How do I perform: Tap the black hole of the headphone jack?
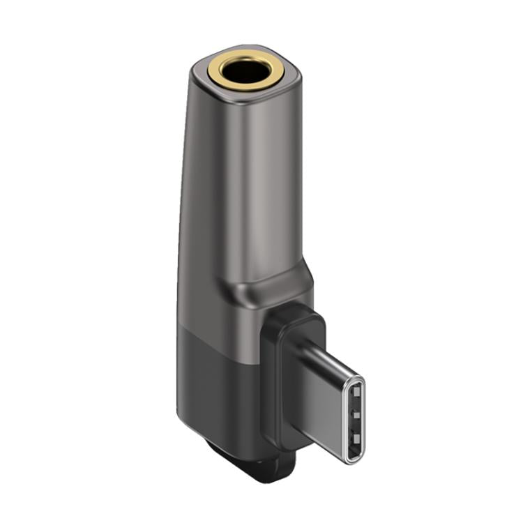point(243,69)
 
